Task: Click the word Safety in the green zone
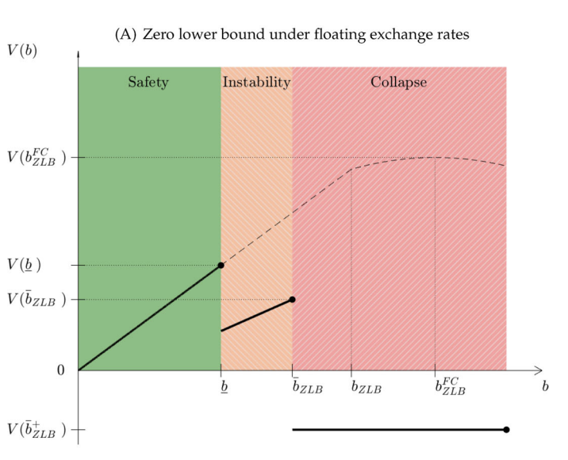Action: coord(148,82)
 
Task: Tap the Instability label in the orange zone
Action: coord(256,82)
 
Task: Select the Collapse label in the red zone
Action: coord(398,82)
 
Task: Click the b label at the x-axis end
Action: coord(546,386)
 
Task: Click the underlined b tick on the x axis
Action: coord(220,388)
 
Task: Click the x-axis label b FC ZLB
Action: coord(447,386)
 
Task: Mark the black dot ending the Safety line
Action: coord(221,265)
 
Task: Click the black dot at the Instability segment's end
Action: coord(293,299)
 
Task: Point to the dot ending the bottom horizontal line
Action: coord(506,429)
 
